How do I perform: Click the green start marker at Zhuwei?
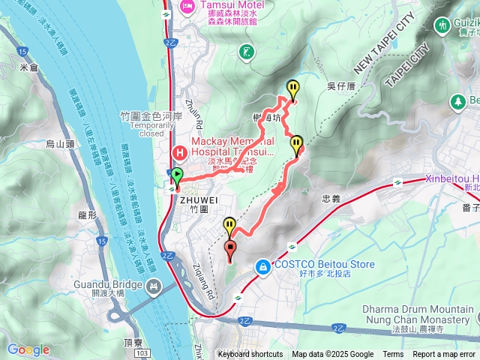(177, 177)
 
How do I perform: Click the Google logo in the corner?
(28, 349)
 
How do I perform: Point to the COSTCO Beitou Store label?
(324, 265)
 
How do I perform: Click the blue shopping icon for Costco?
(263, 265)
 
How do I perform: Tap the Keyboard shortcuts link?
(250, 355)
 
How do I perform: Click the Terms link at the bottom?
(393, 355)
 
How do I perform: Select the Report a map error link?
(445, 355)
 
